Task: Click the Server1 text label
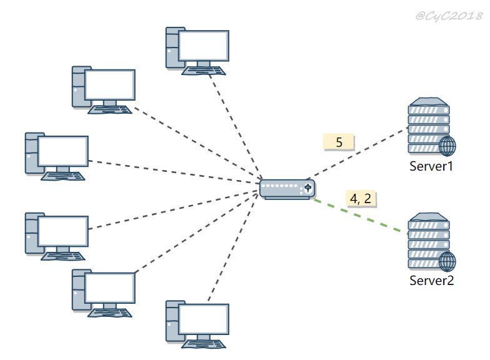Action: click(x=431, y=166)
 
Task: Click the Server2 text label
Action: click(x=431, y=280)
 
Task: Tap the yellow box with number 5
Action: click(x=339, y=142)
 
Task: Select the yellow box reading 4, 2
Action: click(x=361, y=199)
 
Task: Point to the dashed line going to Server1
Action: click(x=356, y=153)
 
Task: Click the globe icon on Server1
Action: click(x=447, y=146)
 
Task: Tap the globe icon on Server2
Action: click(x=447, y=261)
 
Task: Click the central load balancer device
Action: click(x=287, y=189)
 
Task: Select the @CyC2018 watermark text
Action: click(x=449, y=16)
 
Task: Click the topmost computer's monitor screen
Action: click(x=204, y=46)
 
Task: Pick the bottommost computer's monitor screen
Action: click(x=204, y=319)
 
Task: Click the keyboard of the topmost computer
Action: click(x=204, y=71)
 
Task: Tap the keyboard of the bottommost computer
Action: click(x=204, y=344)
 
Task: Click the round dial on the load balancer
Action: click(x=307, y=187)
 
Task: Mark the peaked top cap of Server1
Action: click(x=429, y=101)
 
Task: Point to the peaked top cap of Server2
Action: click(x=429, y=217)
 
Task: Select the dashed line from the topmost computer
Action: click(x=236, y=128)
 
